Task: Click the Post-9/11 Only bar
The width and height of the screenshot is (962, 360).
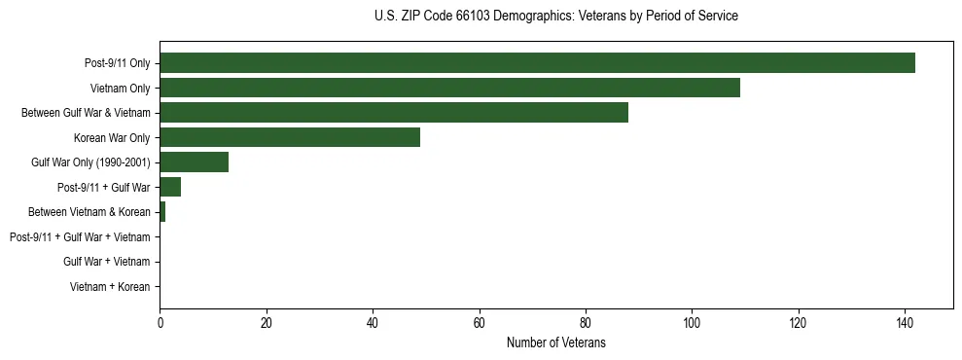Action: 537,63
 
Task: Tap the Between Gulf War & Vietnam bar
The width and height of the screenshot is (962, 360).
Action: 394,113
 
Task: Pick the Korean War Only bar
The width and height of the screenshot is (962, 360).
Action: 290,137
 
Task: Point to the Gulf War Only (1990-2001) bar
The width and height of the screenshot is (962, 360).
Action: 194,162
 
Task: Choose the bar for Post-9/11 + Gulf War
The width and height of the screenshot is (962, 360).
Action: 170,187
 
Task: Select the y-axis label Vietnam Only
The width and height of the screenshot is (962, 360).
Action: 120,89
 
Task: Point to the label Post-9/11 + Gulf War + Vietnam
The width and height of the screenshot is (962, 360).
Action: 80,237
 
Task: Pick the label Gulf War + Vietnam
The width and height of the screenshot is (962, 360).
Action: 107,262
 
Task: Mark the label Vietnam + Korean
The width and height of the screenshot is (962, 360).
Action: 110,287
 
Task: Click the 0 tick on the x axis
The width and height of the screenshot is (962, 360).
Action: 160,322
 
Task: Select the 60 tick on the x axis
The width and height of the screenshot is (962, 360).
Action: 479,322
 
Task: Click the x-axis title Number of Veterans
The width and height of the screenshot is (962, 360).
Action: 555,342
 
